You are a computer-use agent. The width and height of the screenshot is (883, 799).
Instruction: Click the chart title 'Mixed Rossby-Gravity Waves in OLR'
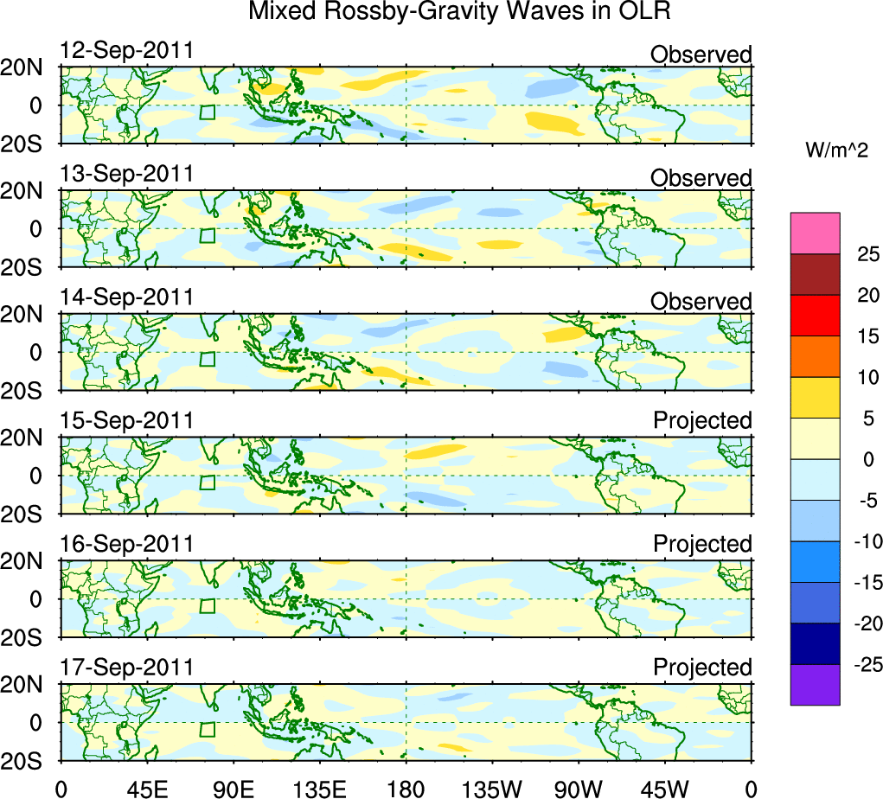(459, 12)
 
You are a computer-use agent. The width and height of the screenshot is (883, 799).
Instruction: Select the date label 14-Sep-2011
(126, 297)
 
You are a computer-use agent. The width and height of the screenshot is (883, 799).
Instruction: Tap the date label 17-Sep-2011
(126, 667)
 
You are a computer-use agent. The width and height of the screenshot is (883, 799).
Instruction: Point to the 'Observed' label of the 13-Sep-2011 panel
(701, 178)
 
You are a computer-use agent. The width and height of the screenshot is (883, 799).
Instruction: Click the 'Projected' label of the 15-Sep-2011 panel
(702, 420)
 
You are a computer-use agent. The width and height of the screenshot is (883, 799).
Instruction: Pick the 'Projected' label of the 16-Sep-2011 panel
(702, 544)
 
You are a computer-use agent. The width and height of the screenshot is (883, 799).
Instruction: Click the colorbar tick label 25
(867, 254)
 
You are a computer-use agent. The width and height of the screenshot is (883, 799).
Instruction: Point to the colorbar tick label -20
(864, 623)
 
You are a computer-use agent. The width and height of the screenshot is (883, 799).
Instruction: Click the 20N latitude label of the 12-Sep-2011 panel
(29, 68)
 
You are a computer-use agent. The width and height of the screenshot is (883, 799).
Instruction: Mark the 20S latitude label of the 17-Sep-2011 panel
(29, 761)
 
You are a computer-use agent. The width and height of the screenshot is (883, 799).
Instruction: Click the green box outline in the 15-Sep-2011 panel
(207, 482)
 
